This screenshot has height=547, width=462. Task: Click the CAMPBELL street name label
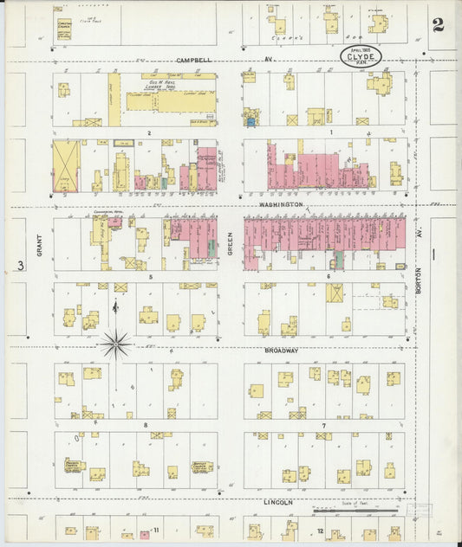click(193, 61)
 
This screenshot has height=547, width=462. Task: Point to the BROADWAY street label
click(282, 351)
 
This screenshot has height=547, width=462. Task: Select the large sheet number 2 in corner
click(438, 24)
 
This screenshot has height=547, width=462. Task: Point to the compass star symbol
click(114, 344)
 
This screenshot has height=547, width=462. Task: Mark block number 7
click(323, 426)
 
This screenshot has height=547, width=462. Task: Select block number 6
click(329, 277)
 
